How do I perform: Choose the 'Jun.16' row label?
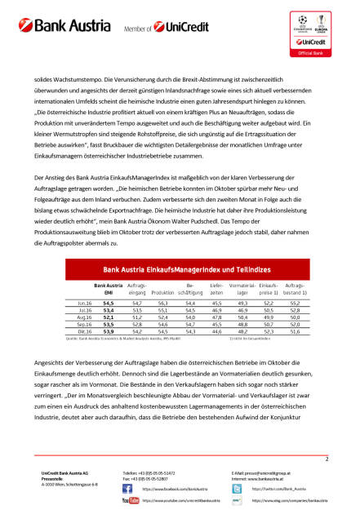point(83,303)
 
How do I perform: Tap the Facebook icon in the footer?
point(131,486)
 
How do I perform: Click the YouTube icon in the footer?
point(130,499)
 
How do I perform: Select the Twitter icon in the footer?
point(236,486)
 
